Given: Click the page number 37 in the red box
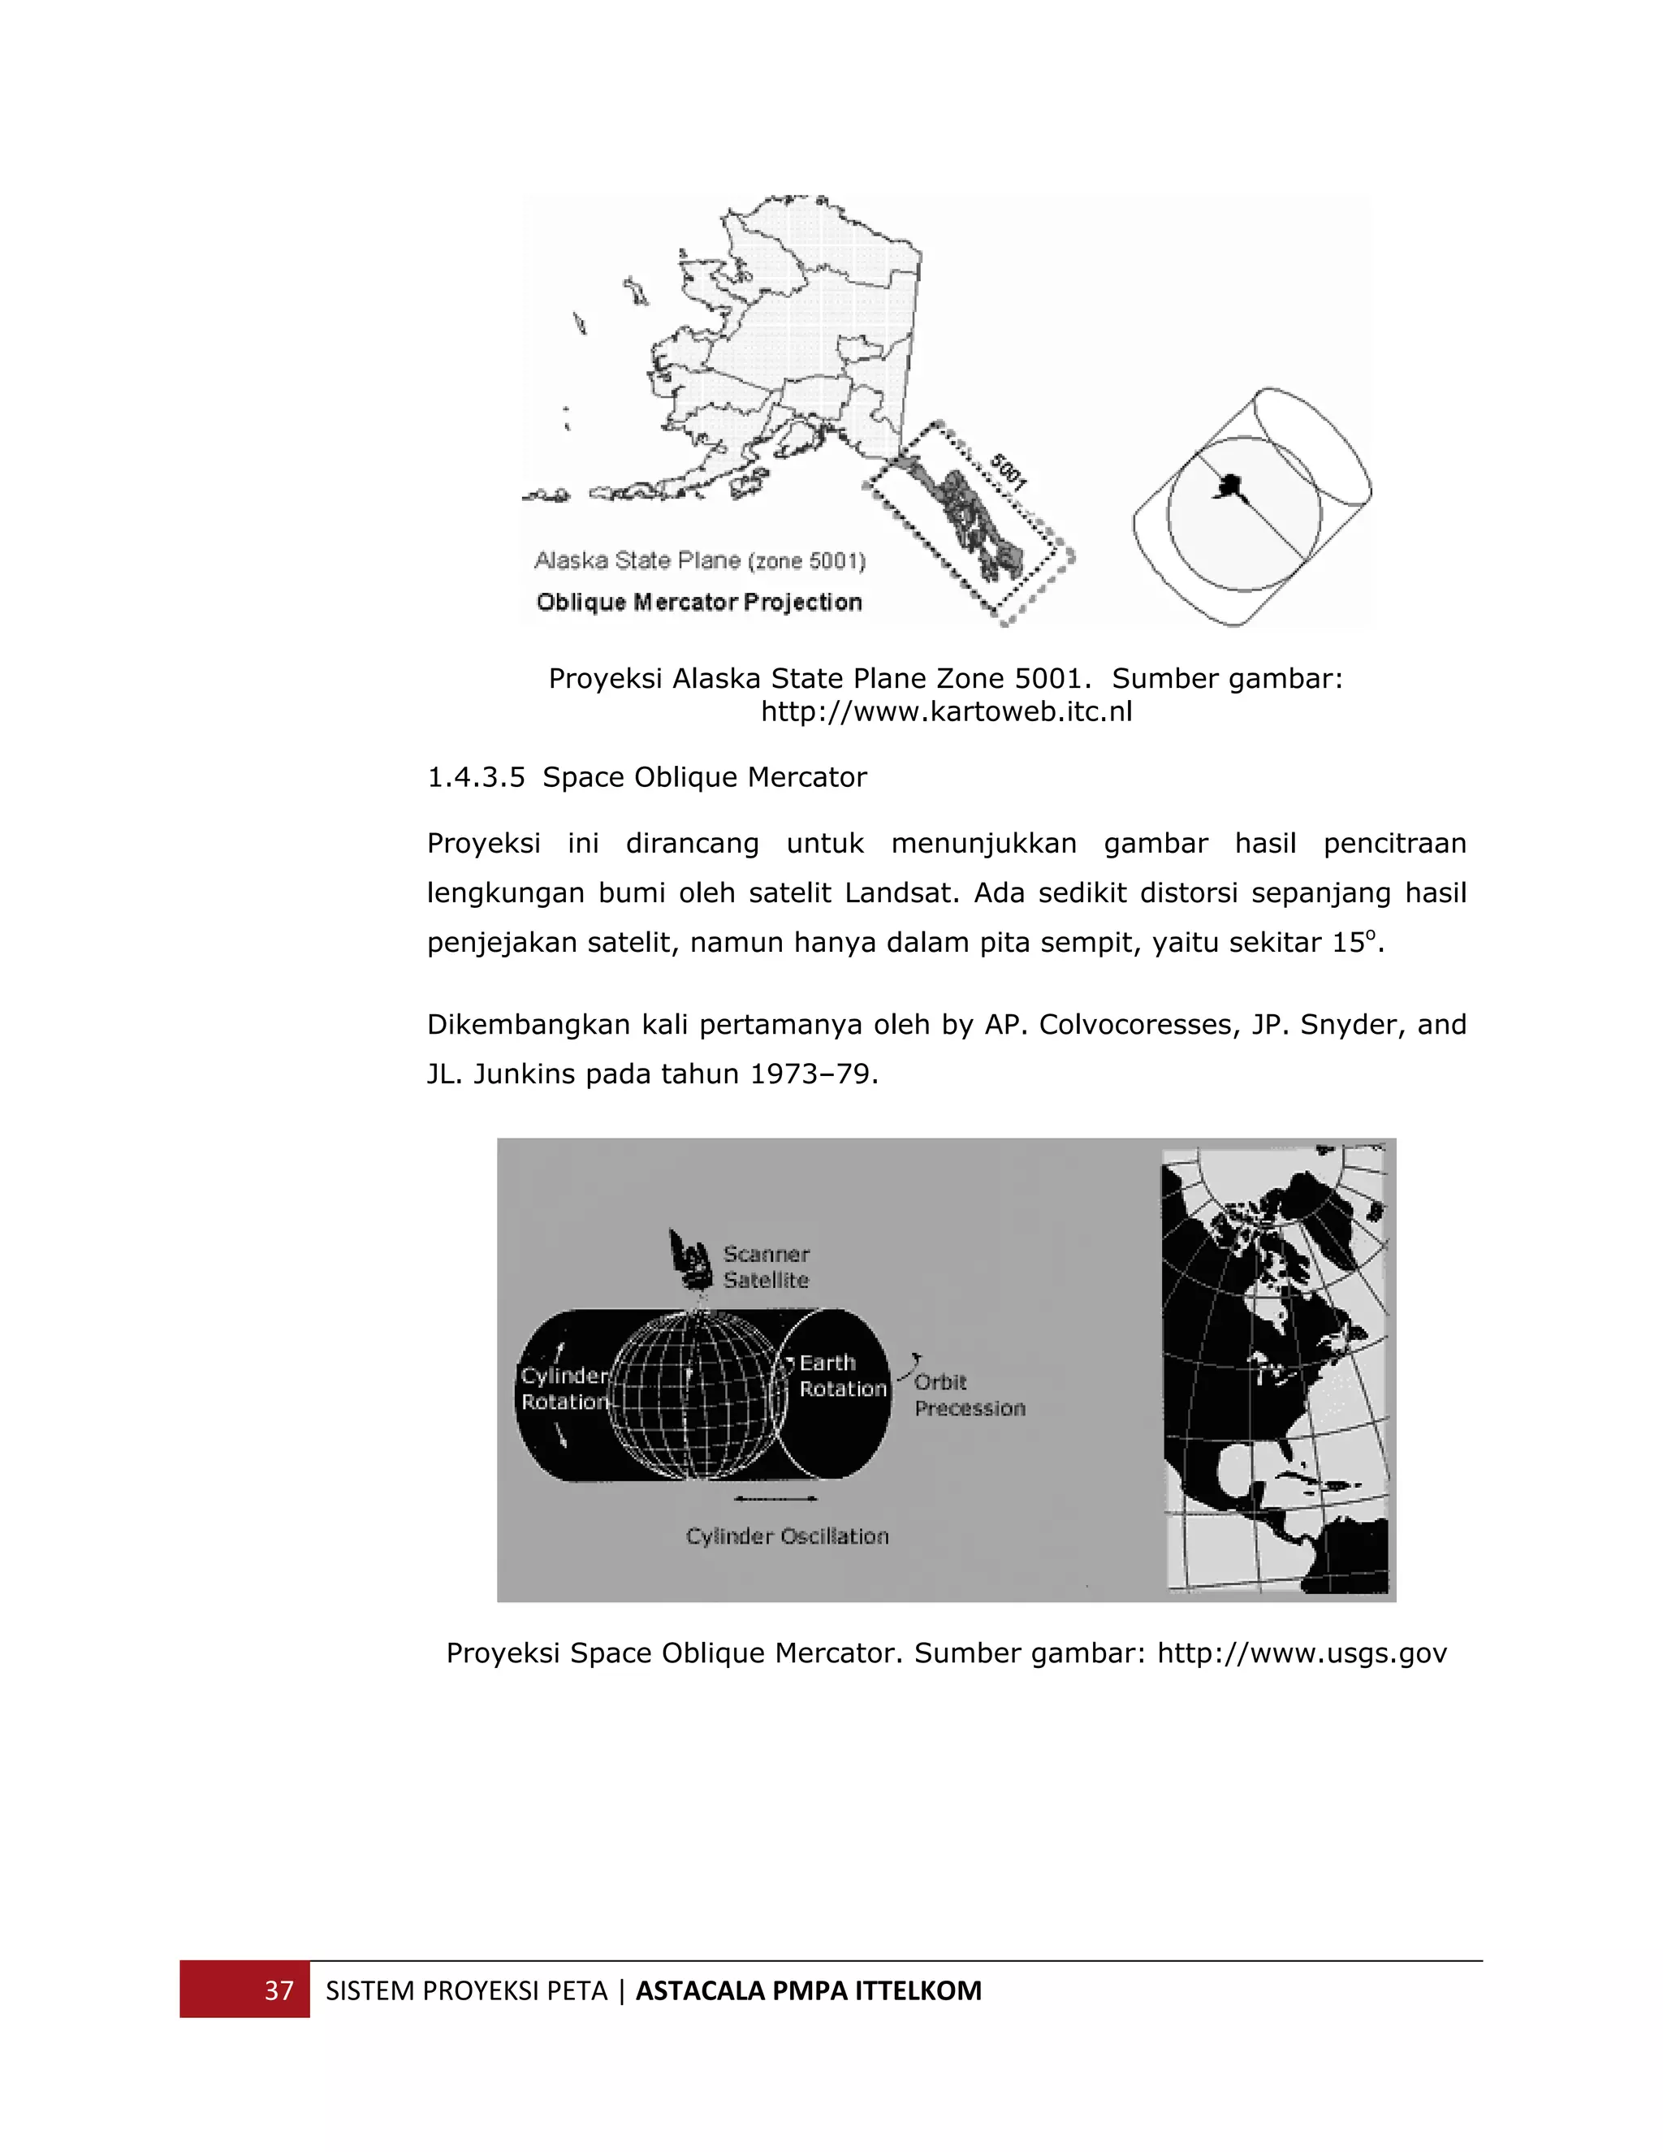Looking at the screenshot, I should tap(279, 1990).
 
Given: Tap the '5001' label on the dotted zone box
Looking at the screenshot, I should tap(1009, 472).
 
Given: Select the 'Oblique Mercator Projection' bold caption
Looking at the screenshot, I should tap(698, 602).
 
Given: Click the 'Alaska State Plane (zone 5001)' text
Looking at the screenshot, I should tap(699, 560).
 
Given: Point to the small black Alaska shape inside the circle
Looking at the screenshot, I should tap(1229, 485).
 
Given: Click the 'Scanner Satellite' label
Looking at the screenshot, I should tap(766, 1267).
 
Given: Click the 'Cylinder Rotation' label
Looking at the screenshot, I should tap(564, 1389).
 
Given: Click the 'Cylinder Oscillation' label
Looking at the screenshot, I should tap(787, 1536).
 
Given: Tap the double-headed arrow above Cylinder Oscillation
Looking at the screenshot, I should tap(775, 1499).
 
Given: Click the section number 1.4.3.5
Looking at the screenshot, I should tap(476, 777).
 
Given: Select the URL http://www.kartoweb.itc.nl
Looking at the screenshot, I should tap(946, 711).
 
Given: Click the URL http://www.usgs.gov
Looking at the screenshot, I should tap(1302, 1653).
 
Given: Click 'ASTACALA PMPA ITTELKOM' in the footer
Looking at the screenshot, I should tap(808, 1990).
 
